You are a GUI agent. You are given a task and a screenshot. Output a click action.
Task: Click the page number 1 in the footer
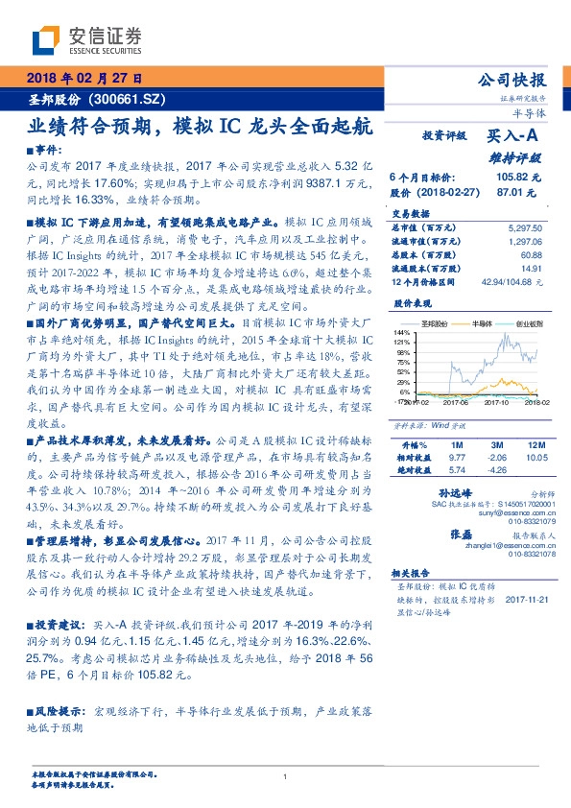(286, 777)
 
